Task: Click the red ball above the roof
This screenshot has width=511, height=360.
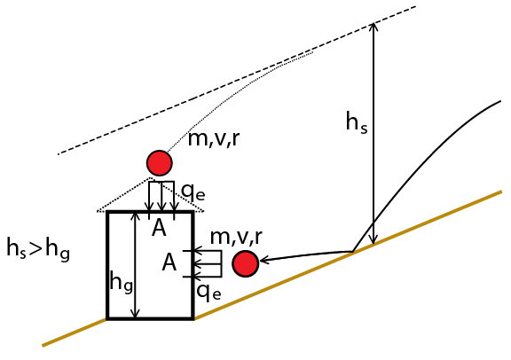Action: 160,163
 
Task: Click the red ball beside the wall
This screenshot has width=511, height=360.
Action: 246,264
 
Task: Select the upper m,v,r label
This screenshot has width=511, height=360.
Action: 214,139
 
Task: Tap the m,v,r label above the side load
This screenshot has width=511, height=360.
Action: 236,237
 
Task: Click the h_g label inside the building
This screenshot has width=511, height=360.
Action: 122,282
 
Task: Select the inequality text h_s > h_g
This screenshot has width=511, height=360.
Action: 38,249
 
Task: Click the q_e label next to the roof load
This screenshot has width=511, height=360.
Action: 193,192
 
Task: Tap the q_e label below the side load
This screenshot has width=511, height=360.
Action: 208,292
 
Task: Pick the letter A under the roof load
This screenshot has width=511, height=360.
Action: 159,228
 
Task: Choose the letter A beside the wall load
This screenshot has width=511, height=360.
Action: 169,262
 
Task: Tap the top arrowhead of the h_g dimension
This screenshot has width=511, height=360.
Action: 135,214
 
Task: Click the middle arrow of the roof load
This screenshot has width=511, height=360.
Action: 161,196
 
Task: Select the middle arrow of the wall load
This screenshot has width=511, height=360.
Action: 208,264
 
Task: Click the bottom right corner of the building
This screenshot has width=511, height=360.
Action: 193,318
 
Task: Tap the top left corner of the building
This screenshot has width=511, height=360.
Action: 107,212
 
